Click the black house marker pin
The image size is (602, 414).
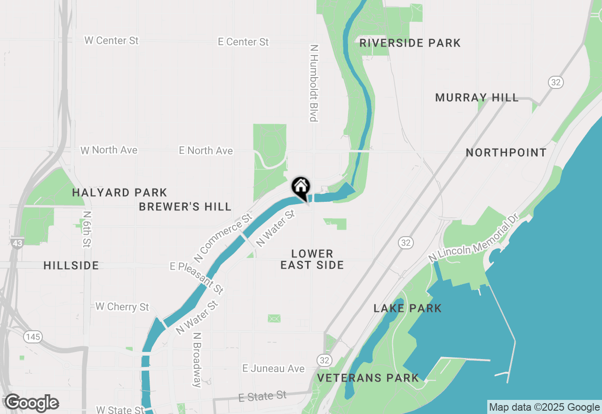pyautogui.click(x=301, y=187)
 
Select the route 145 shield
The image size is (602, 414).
pyautogui.click(x=33, y=337)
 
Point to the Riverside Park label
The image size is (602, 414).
pyautogui.click(x=410, y=43)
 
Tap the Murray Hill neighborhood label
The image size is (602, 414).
pyautogui.click(x=477, y=98)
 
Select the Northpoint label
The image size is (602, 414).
pyautogui.click(x=506, y=153)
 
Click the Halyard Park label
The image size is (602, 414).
pyautogui.click(x=119, y=193)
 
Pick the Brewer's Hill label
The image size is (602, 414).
pyautogui.click(x=185, y=207)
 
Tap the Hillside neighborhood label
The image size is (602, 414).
pyautogui.click(x=71, y=266)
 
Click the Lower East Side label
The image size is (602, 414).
pyautogui.click(x=312, y=260)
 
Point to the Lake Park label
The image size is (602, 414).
pyautogui.click(x=407, y=309)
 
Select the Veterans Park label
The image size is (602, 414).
pyautogui.click(x=368, y=378)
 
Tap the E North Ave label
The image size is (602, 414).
pyautogui.click(x=206, y=151)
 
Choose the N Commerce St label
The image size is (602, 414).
pyautogui.click(x=223, y=239)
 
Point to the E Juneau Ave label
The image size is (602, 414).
pyautogui.click(x=273, y=369)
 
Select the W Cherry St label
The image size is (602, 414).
pyautogui.click(x=122, y=307)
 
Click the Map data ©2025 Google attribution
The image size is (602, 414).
pyautogui.click(x=544, y=407)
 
